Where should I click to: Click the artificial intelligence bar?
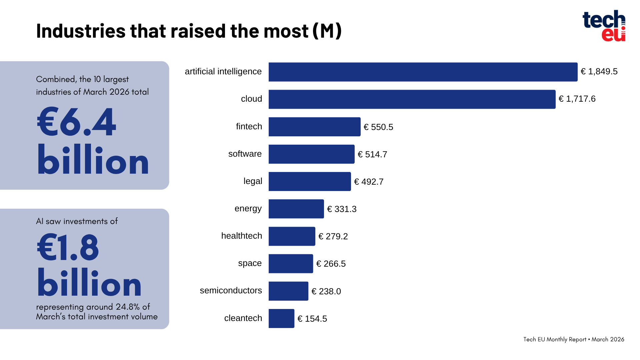pos(423,72)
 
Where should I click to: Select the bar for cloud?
pos(412,99)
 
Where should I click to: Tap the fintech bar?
pos(314,127)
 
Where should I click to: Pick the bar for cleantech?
pos(281,318)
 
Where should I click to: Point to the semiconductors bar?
pos(288,291)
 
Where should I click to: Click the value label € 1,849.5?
pos(599,72)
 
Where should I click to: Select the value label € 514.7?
pos(372,154)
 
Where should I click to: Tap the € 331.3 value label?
pos(342,209)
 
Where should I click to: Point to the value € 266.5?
pos(331,264)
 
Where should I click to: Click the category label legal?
pos(253,181)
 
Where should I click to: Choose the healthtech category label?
pos(242,236)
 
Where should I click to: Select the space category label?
pos(250,263)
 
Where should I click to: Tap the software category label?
pos(245,154)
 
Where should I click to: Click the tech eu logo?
pos(604,26)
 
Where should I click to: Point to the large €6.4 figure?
pos(77,122)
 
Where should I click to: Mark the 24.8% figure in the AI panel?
pos(128,307)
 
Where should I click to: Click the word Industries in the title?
pos(81,31)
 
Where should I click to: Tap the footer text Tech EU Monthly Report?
pos(555,339)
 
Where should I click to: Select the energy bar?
pos(296,209)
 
